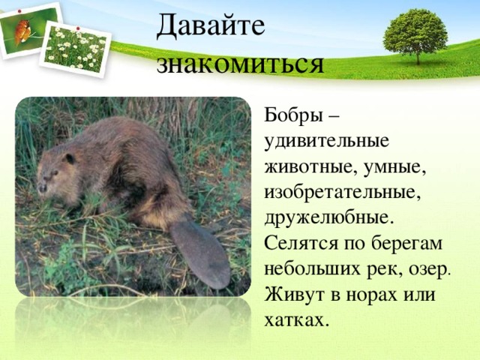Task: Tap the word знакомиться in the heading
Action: [240, 64]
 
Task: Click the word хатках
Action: [295, 320]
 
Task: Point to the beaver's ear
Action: [70, 158]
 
